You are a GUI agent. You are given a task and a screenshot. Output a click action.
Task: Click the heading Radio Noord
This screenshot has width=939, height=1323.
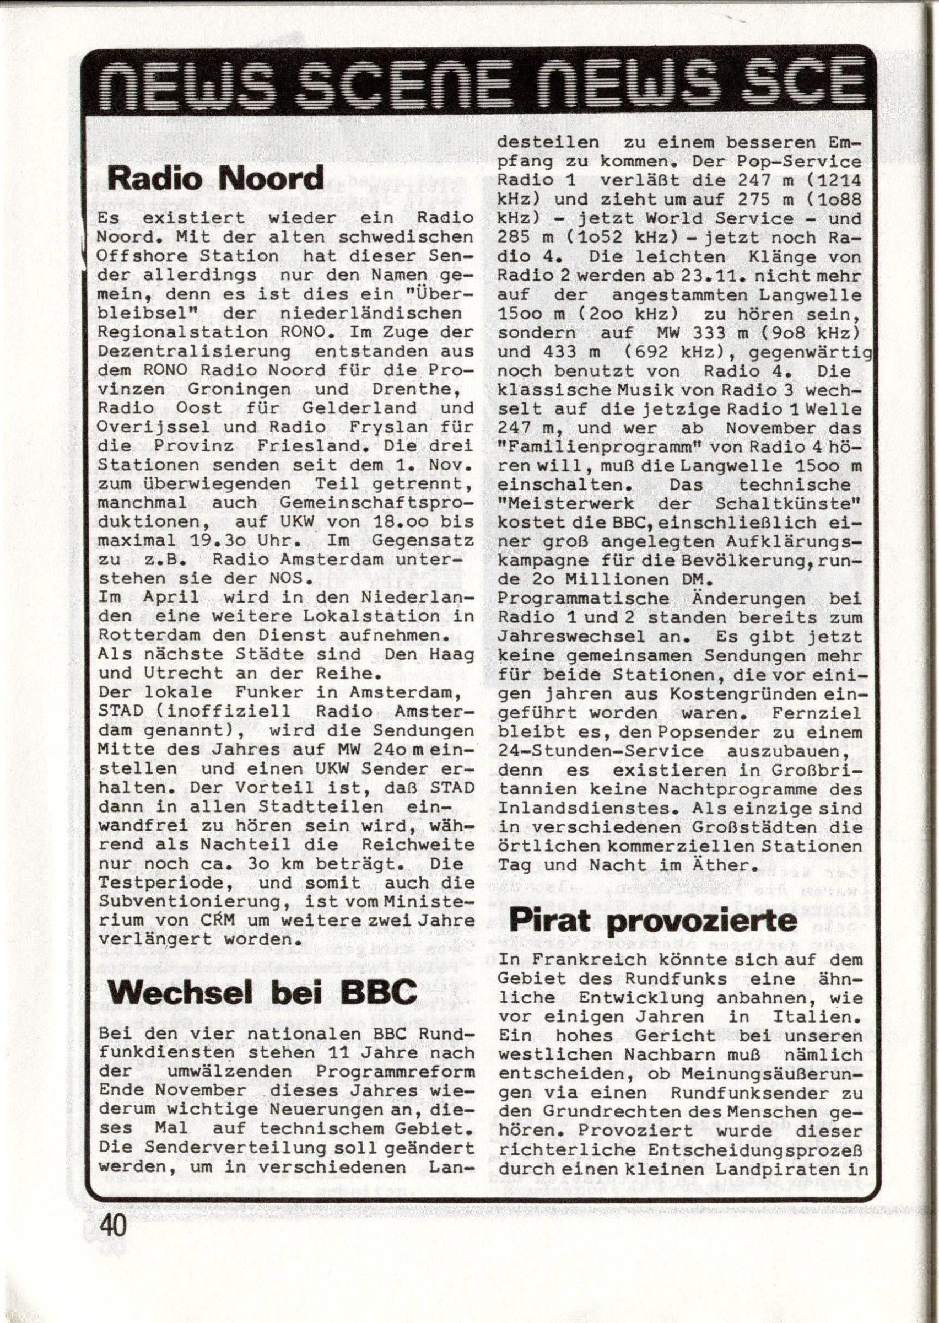215,179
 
